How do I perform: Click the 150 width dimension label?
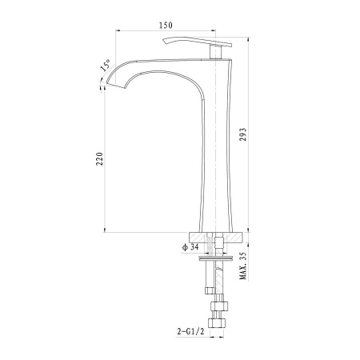click(166, 26)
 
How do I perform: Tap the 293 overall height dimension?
click(244, 134)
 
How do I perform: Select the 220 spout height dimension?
click(99, 159)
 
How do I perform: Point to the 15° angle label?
click(106, 66)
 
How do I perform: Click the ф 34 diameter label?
click(190, 247)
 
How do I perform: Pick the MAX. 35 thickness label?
click(243, 266)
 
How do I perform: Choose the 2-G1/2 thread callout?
click(190, 331)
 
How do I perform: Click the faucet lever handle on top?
click(198, 42)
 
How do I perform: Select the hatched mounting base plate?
click(216, 238)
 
